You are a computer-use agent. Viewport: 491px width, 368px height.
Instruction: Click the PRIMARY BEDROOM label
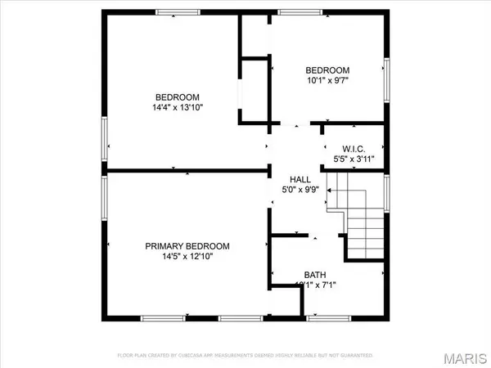click(187, 246)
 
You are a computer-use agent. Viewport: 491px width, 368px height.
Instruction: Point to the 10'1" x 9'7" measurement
click(327, 81)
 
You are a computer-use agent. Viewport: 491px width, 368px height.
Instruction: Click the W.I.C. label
click(354, 148)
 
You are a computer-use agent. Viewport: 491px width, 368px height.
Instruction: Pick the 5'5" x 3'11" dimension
click(354, 159)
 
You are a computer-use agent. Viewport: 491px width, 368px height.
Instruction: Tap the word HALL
click(300, 180)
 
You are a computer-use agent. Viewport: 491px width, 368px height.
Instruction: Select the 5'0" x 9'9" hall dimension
click(300, 192)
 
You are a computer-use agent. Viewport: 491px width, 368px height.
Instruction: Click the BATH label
click(315, 274)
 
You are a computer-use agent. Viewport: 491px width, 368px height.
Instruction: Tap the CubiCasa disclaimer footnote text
click(245, 355)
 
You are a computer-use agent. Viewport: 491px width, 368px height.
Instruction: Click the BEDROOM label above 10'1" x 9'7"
click(327, 70)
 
